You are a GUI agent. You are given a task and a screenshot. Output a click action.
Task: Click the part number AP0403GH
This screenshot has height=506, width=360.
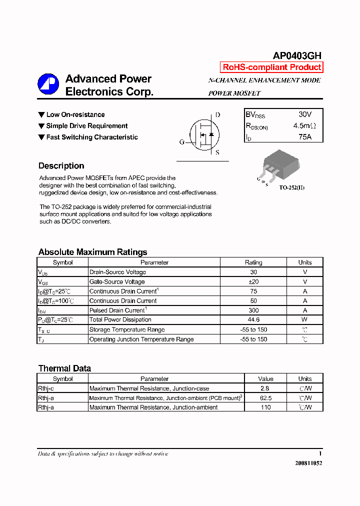click(x=297, y=56)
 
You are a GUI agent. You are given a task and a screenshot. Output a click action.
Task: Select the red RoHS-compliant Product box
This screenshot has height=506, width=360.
click(x=271, y=67)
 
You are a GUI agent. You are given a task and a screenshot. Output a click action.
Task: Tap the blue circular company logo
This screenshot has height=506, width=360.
click(x=48, y=84)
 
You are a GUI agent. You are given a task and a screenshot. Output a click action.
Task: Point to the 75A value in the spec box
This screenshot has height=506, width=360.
click(x=304, y=136)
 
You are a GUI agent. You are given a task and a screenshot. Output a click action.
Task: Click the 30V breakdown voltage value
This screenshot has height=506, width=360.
click(x=304, y=114)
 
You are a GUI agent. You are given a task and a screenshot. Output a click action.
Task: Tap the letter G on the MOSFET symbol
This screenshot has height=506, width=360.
click(x=182, y=142)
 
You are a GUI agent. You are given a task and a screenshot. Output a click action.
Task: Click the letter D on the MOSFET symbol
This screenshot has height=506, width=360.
click(x=217, y=115)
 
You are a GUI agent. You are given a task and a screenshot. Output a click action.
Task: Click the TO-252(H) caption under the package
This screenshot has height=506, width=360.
click(x=291, y=187)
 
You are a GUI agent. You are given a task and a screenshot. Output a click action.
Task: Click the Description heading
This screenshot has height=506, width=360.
click(x=61, y=166)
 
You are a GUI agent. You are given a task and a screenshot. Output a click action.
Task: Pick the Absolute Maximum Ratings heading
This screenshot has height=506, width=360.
click(x=92, y=252)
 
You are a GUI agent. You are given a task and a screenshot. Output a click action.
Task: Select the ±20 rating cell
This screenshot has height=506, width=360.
click(x=253, y=282)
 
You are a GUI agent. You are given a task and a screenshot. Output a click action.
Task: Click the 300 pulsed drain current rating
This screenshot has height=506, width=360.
click(x=253, y=310)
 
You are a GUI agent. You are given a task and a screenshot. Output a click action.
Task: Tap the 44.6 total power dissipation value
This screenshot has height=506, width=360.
click(x=253, y=320)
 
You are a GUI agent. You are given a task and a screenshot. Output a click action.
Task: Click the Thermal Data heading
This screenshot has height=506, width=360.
click(x=64, y=368)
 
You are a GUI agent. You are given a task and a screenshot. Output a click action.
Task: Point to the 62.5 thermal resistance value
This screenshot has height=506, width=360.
click(x=265, y=398)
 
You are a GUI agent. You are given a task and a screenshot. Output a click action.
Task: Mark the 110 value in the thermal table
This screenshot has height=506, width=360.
click(x=265, y=407)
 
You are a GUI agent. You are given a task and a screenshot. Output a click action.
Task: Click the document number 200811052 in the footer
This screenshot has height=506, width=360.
click(x=308, y=463)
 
